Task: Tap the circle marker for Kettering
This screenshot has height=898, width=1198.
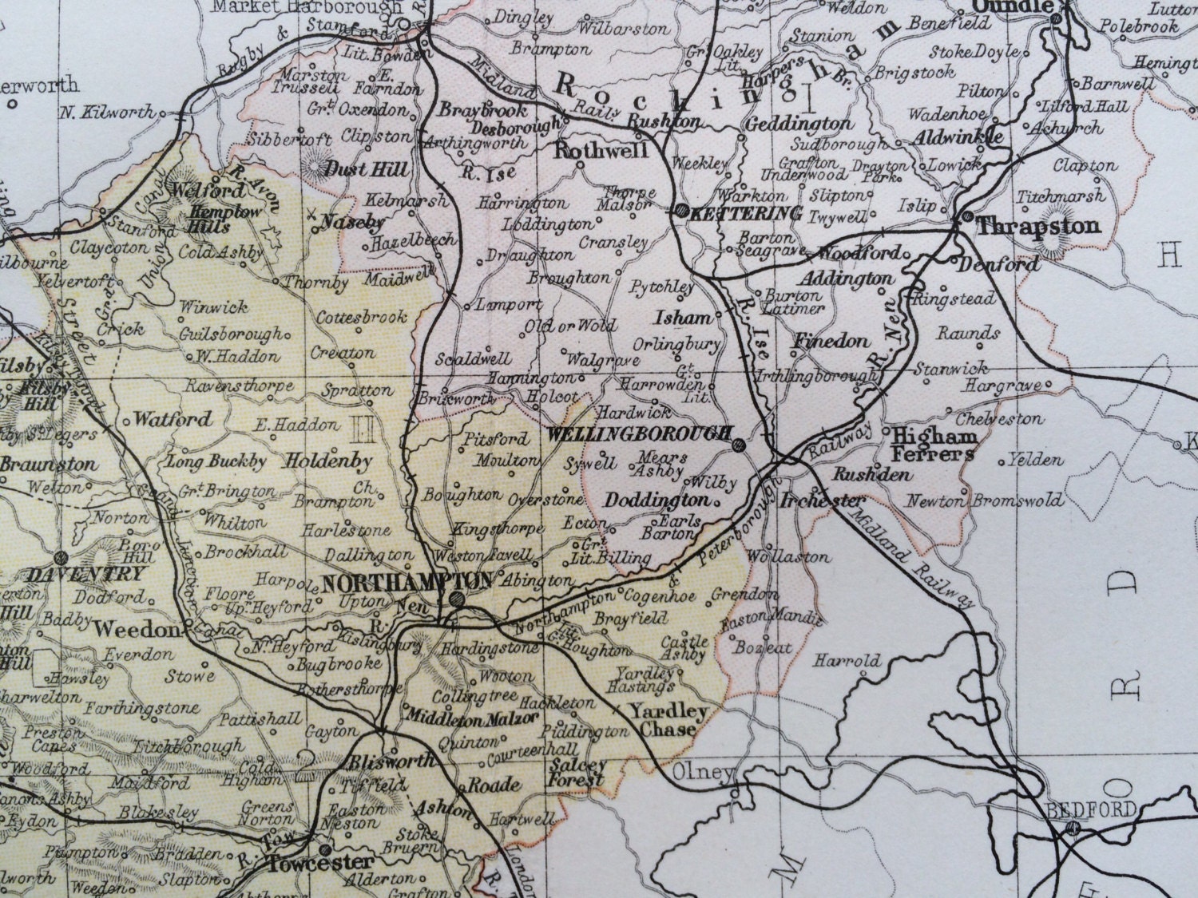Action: [x=680, y=212]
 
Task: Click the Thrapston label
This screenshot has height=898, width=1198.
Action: [x=1038, y=226]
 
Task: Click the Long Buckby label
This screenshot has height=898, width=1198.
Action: [x=205, y=461]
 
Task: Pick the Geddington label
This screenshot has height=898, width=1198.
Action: [x=798, y=124]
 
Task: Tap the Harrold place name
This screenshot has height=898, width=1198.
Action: [x=847, y=661]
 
